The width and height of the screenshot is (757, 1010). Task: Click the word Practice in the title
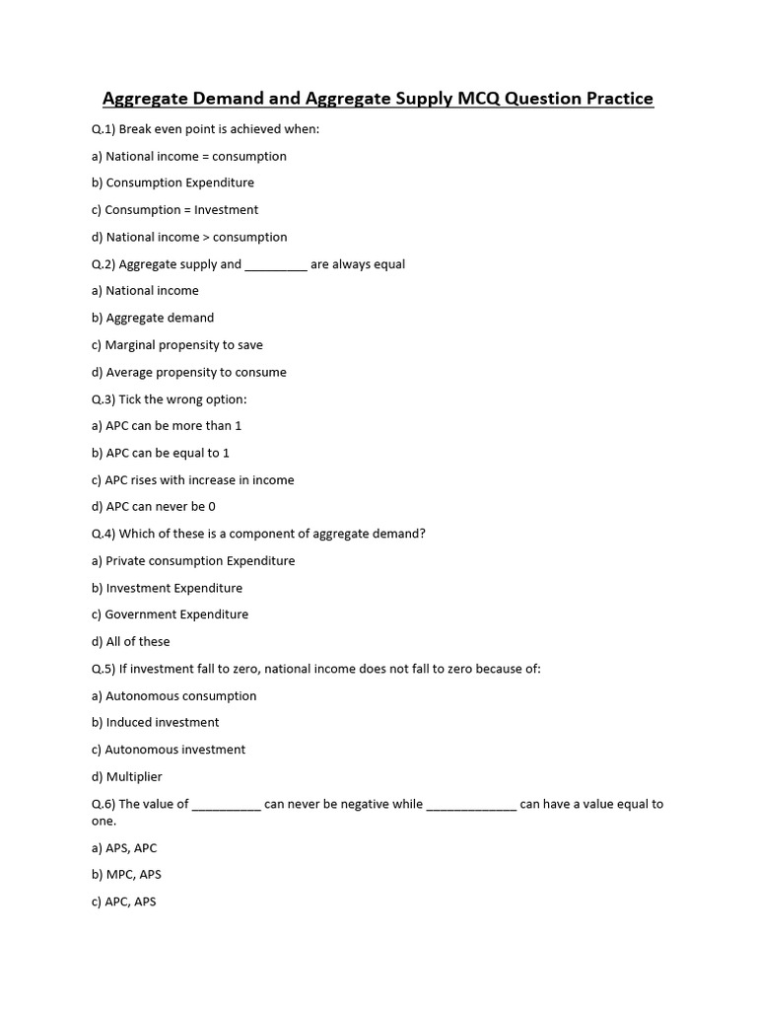(x=616, y=99)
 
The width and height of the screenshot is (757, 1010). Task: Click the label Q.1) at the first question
(x=103, y=129)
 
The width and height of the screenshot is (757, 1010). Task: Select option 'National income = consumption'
(x=195, y=156)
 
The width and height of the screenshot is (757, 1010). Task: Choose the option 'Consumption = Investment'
(x=181, y=210)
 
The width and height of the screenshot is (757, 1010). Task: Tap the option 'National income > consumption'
(x=196, y=237)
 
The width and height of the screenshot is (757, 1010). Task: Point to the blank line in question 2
(x=275, y=265)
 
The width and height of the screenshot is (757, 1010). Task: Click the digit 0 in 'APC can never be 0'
(x=212, y=506)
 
